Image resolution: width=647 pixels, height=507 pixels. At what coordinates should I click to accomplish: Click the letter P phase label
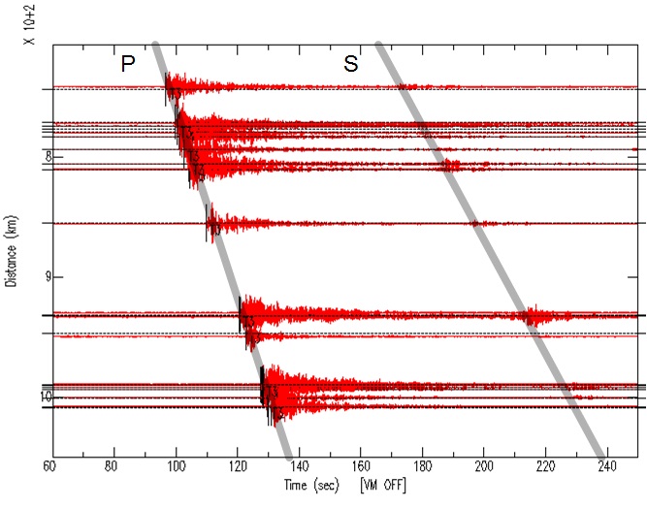pos(126,64)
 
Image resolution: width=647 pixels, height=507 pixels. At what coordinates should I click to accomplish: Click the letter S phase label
pos(351,64)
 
